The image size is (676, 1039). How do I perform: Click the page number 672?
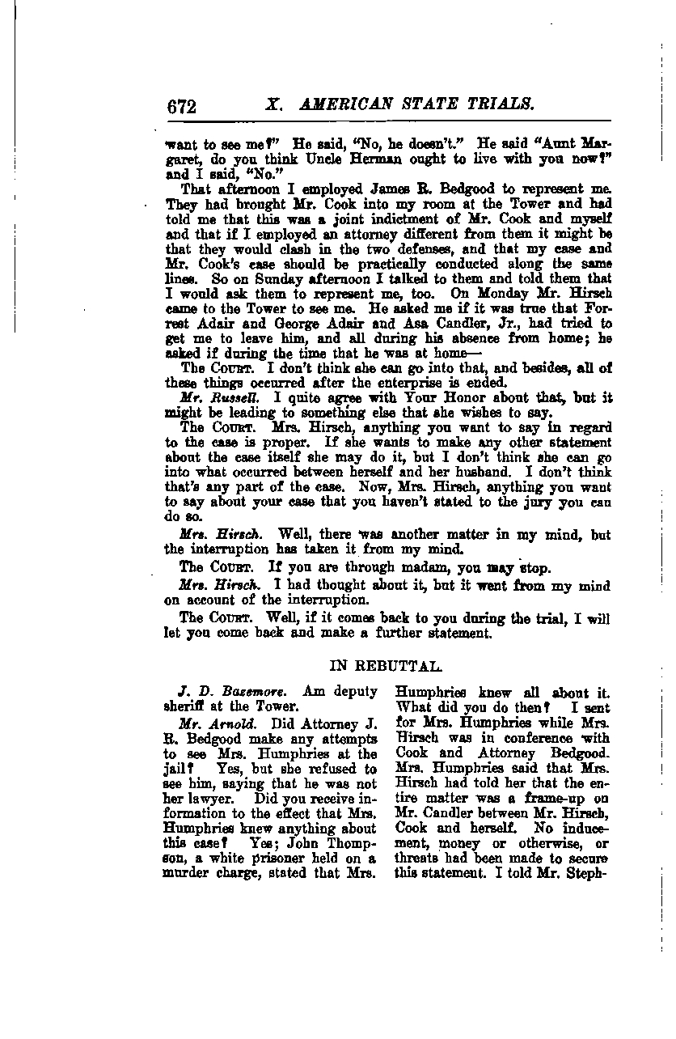click(183, 106)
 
